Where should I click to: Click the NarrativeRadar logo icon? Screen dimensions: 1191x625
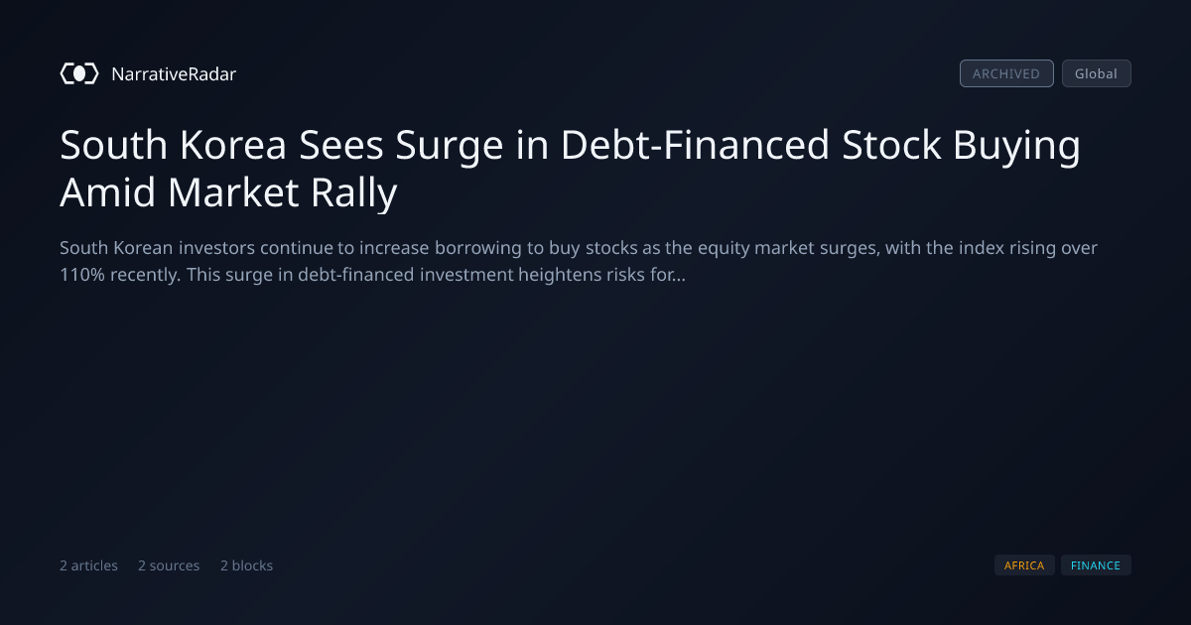[x=79, y=73]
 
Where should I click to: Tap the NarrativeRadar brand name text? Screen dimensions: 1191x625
[x=174, y=74]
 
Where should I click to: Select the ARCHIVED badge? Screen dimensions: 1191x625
[x=1006, y=73]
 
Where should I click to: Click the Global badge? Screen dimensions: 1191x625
[x=1097, y=73]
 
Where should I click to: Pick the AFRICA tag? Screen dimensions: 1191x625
[x=1024, y=565]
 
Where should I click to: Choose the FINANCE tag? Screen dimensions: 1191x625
[x=1096, y=565]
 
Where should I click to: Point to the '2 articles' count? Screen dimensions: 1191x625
[x=88, y=565]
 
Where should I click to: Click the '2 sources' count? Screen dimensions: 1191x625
[x=169, y=565]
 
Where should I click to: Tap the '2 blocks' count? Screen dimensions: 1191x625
[x=246, y=565]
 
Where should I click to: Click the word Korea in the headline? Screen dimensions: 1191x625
[x=233, y=145]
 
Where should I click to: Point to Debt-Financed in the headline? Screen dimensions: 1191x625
[x=695, y=145]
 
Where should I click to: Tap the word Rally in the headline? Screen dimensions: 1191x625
[x=354, y=193]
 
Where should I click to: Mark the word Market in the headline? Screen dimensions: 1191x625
[x=233, y=192]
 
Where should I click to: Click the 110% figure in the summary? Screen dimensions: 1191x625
[x=81, y=275]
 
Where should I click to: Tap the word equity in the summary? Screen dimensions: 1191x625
[x=724, y=249]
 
